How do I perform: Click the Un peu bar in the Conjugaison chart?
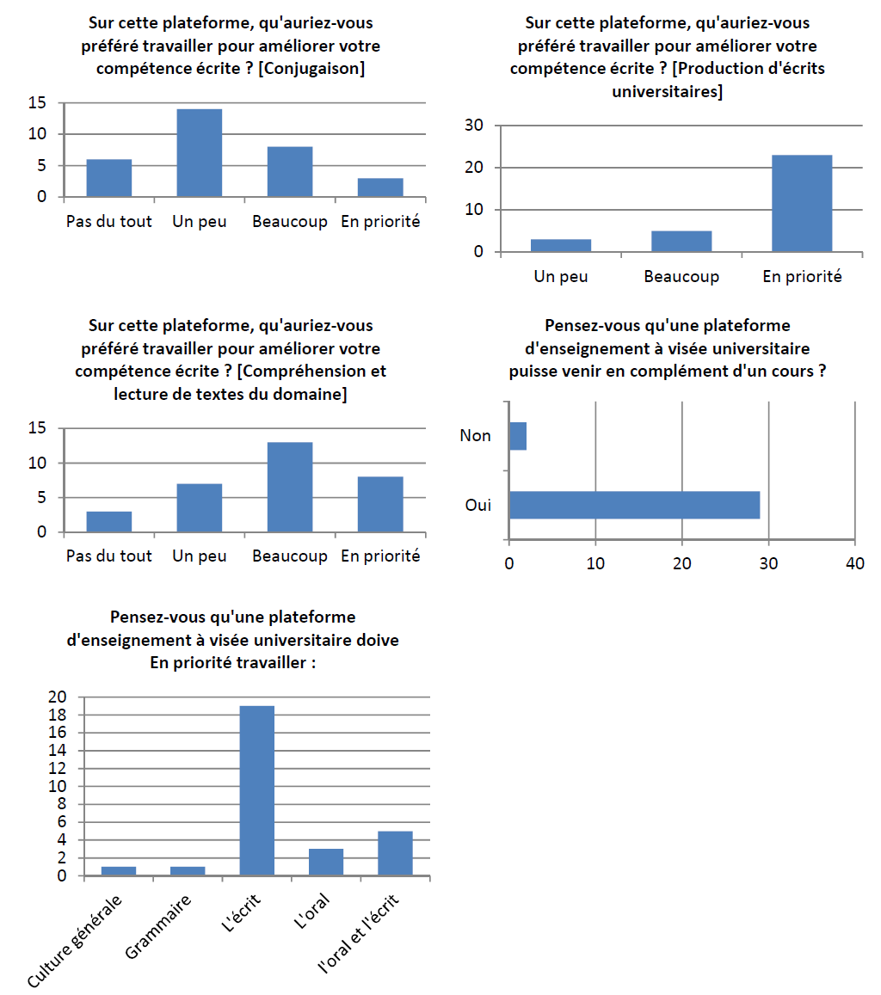199,153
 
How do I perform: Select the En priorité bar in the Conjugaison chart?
380,187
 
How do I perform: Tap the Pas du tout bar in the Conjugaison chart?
109,177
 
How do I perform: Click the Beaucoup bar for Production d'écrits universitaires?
681,241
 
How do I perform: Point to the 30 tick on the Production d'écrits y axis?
473,126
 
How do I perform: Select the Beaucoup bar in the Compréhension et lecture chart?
290,487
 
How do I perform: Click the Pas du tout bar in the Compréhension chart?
109,521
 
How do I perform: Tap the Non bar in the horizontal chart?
518,436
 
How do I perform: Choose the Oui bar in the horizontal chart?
634,505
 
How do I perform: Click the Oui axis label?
477,505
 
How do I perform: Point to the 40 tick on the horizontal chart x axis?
854,563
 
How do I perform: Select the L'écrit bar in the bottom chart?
256,790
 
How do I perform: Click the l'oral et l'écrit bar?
395,853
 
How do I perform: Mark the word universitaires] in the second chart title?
667,90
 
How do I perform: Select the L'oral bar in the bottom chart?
326,862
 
